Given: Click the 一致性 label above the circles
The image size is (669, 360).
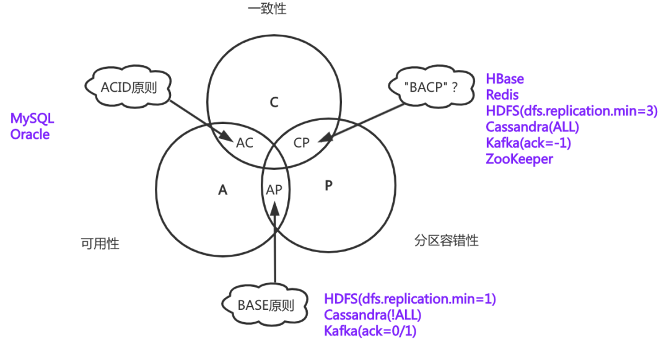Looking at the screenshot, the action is pos(267,9).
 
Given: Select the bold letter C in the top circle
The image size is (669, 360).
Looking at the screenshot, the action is pos(274,103).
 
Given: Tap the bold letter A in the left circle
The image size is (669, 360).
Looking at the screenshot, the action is pos(223,190).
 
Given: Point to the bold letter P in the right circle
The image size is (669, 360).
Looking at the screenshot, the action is pos(328,186).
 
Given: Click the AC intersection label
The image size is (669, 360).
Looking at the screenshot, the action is pos(245,143).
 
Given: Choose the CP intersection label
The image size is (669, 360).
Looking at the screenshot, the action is pos(302,143).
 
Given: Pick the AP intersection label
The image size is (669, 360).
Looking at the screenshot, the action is pos(274,190).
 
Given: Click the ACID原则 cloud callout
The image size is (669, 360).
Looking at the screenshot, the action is pos(129,87).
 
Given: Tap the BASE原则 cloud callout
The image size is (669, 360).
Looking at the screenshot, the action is pos(266,305).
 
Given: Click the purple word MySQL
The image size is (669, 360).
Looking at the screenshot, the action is pos(32,118).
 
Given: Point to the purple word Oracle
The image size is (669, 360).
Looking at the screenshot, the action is pos(30,134).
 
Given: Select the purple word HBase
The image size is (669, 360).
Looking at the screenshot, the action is pos(505,79).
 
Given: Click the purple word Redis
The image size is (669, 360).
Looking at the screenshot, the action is pos(502,95).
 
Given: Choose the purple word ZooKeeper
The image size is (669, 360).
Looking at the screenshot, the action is pos(519,159).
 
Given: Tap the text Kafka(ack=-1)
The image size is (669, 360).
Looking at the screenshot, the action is pos(528,143).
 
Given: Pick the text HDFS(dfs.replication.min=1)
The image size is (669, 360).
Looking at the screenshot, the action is pos(410,299).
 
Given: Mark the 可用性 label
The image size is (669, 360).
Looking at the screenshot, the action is pos(100,244).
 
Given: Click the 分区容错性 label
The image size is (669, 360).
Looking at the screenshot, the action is pos(447,240).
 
